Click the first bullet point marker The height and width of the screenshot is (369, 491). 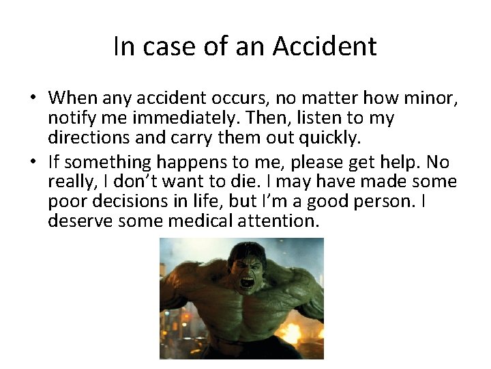(x=32, y=97)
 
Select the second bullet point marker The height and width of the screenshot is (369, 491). (x=32, y=163)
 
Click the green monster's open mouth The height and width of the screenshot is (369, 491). (x=246, y=281)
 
